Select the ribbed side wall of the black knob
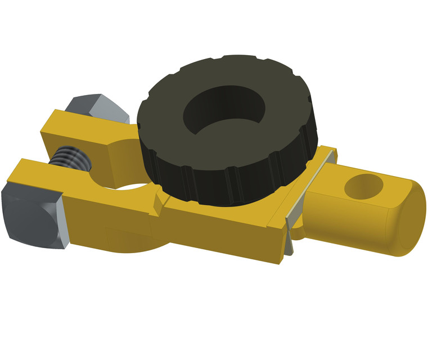click(225, 180)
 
